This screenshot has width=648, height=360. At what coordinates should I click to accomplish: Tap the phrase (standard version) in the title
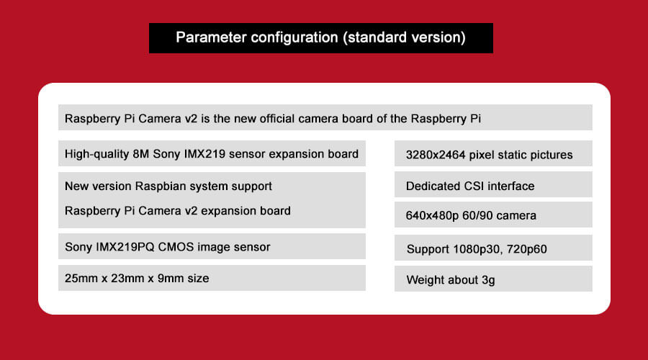coord(404,37)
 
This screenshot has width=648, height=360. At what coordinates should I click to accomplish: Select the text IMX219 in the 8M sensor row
coord(204,154)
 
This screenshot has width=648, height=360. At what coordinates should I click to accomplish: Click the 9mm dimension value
coord(171,278)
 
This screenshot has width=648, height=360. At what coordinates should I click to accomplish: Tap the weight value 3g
coord(488,280)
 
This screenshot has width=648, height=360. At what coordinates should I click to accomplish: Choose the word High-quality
coord(96,154)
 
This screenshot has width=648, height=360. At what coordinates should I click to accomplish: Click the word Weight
coord(426,280)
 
